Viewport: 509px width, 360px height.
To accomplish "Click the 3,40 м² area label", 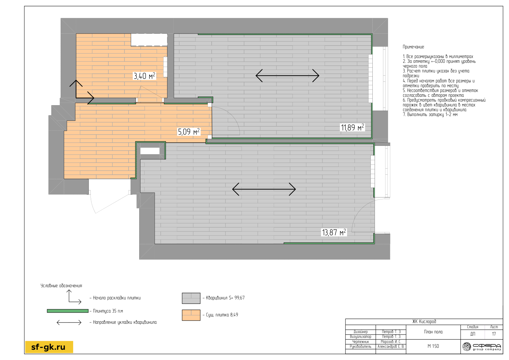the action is click(x=144, y=76).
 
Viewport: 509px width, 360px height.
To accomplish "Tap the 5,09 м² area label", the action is click(x=189, y=131).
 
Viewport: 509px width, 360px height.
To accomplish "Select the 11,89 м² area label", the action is click(x=352, y=127).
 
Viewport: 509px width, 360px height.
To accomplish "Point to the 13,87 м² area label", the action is click(x=334, y=232).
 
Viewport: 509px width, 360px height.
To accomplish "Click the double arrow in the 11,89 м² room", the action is click(x=287, y=76).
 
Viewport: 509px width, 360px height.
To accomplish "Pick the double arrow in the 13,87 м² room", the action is click(x=264, y=189).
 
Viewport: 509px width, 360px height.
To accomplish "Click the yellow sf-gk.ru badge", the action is click(x=49, y=347).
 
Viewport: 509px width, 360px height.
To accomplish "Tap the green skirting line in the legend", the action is click(x=68, y=311).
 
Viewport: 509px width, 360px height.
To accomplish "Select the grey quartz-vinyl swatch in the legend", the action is click(x=191, y=298).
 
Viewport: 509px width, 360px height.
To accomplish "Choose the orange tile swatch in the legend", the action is click(x=191, y=315).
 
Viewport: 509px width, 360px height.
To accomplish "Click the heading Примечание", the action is click(x=413, y=47).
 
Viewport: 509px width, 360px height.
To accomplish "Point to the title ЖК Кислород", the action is click(x=424, y=322).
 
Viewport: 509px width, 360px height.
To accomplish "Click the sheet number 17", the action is click(x=494, y=334).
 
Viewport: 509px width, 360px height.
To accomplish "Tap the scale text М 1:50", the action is click(x=433, y=346).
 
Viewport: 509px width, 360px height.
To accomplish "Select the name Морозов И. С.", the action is click(x=391, y=342).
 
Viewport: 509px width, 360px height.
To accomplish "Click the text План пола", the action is click(x=433, y=332).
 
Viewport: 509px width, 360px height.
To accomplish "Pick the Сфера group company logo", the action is click(x=482, y=347).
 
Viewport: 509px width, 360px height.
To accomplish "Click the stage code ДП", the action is click(x=473, y=334).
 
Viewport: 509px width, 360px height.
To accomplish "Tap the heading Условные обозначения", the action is click(x=61, y=286).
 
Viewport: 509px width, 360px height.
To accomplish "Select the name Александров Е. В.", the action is click(x=391, y=347).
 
